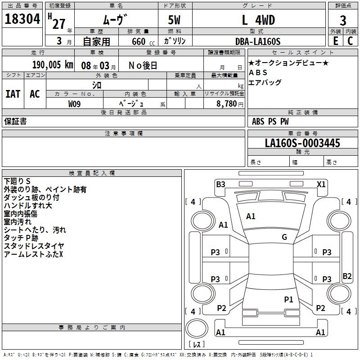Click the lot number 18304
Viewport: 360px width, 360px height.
click(x=22, y=20)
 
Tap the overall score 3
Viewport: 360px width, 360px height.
click(x=343, y=20)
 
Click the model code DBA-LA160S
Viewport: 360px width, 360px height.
click(x=258, y=41)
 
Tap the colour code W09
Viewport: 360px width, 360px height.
click(x=75, y=103)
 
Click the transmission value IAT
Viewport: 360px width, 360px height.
click(x=13, y=94)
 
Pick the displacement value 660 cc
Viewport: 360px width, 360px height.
click(x=139, y=41)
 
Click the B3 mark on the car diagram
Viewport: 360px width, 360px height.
click(x=220, y=184)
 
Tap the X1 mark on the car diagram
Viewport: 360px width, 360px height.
click(x=321, y=184)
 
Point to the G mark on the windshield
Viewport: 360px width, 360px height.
click(x=284, y=237)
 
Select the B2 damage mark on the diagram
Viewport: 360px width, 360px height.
click(x=347, y=276)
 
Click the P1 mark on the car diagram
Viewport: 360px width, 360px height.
click(x=288, y=299)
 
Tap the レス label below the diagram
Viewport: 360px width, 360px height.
click(x=197, y=345)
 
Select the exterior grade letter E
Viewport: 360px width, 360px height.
click(x=335, y=41)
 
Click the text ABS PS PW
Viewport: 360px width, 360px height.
click(x=270, y=121)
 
